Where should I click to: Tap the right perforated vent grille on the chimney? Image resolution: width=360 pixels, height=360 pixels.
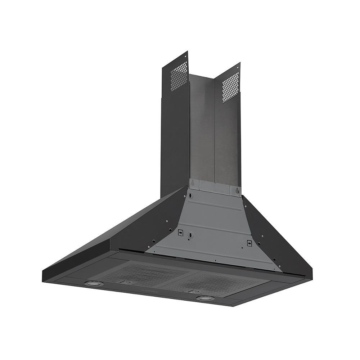click(x=230, y=87)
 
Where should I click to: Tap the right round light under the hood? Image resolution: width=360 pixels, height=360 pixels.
click(x=204, y=298)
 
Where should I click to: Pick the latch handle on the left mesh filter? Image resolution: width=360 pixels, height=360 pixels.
click(x=126, y=282)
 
